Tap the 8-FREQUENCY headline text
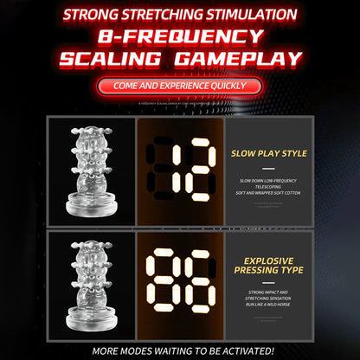179,35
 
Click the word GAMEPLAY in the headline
247,59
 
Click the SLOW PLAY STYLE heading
268,153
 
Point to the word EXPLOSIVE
268,259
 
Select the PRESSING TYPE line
268,271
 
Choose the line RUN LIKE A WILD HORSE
269,302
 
